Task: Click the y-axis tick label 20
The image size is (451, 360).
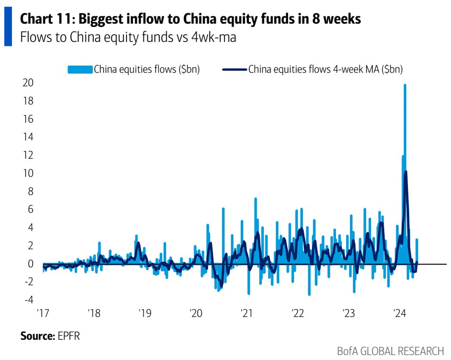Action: click(28, 83)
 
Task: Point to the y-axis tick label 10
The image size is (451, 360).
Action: click(28, 173)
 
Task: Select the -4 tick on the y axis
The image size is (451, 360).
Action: click(29, 299)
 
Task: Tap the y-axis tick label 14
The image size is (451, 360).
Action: click(28, 137)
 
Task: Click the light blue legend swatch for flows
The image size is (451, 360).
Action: click(80, 70)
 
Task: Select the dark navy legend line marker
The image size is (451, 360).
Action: click(235, 70)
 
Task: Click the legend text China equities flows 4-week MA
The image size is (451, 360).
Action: click(326, 70)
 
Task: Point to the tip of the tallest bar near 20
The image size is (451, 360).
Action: click(405, 85)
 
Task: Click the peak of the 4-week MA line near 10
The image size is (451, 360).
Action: click(406, 172)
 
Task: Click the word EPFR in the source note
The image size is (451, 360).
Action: click(68, 336)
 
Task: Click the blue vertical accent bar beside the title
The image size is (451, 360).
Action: click(8, 28)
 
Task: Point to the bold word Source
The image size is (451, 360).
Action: click(36, 336)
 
